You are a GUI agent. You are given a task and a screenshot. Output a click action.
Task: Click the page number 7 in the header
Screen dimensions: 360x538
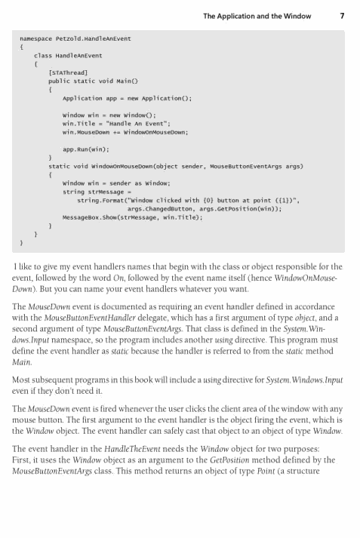[x=343, y=15]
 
